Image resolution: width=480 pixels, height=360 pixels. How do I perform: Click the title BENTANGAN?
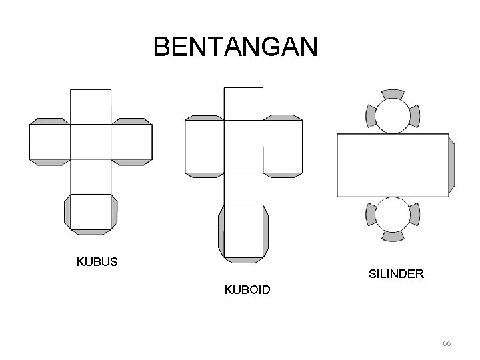click(236, 47)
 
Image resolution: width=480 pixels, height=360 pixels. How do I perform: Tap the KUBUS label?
click(97, 261)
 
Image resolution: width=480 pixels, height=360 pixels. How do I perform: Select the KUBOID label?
click(247, 291)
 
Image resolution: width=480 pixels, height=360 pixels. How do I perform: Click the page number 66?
click(447, 343)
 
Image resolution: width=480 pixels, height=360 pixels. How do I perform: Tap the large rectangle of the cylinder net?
click(393, 165)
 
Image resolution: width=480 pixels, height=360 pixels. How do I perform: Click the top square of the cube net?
click(91, 107)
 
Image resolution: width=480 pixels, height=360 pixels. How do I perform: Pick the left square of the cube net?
click(50, 142)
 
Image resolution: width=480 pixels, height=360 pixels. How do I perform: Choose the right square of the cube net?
click(131, 142)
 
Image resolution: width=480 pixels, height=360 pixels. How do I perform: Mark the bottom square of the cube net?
click(91, 212)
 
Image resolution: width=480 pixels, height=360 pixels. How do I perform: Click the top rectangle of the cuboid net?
click(243, 103)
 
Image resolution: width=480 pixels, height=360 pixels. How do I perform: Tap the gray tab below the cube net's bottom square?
click(91, 232)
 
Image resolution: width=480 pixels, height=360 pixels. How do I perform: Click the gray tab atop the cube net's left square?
click(50, 121)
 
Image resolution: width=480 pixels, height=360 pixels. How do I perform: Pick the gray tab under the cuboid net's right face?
click(283, 175)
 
